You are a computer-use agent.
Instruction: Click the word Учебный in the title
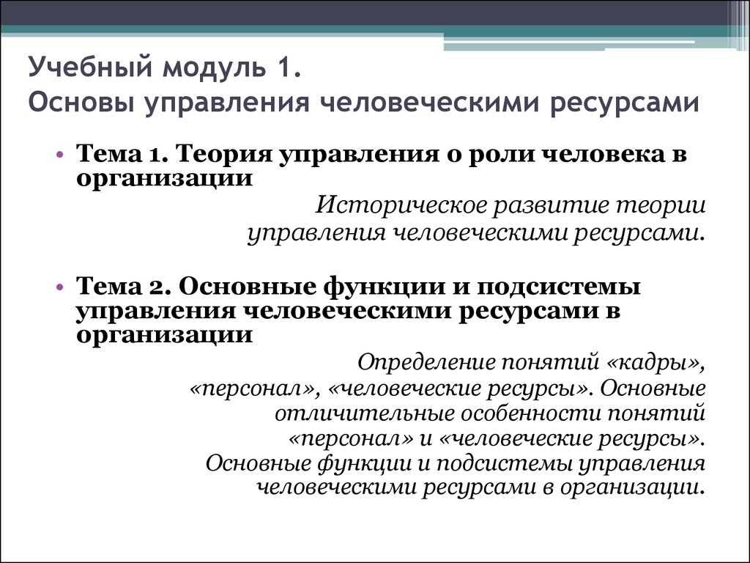coord(90,67)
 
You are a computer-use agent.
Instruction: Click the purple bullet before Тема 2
coord(60,287)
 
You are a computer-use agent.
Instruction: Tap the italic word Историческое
coord(401,206)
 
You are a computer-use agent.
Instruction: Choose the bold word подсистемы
coord(559,288)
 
